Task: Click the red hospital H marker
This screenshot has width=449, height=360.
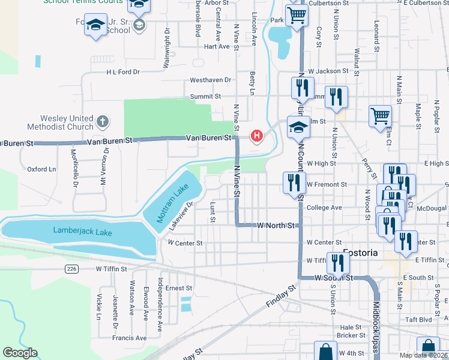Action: pyautogui.click(x=257, y=136)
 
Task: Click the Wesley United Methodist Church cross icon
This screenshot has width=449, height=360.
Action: pyautogui.click(x=103, y=122)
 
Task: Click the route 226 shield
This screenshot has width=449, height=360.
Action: pyautogui.click(x=72, y=268)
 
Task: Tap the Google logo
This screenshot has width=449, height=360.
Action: pyautogui.click(x=20, y=353)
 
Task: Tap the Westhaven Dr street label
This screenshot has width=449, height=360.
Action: pyautogui.click(x=210, y=80)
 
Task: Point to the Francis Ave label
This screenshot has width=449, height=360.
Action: pyautogui.click(x=133, y=338)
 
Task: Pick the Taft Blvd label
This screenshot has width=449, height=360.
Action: pyautogui.click(x=418, y=320)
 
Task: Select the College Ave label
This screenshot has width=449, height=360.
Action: pyautogui.click(x=324, y=208)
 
